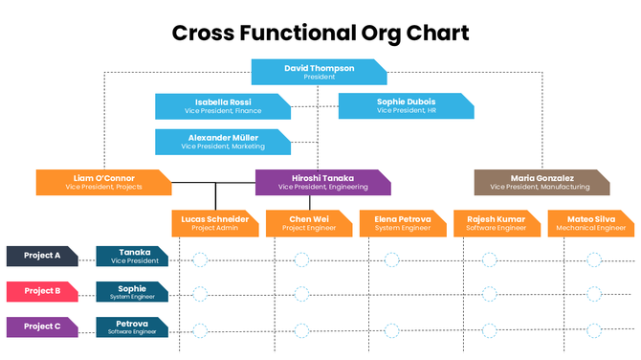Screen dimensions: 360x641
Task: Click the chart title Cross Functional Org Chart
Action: (320, 33)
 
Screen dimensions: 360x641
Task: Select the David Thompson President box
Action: (319, 72)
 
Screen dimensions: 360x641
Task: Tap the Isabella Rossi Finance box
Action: (222, 105)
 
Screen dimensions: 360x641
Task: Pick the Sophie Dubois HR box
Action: (406, 105)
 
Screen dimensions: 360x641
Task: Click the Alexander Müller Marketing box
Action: (222, 142)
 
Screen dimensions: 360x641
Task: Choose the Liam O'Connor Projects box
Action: (103, 182)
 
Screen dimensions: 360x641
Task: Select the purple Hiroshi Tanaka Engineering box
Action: (322, 182)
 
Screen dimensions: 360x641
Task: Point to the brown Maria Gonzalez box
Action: (542, 182)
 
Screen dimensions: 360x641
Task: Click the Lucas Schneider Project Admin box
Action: (214, 224)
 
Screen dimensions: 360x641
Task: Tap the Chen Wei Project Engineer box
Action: (308, 224)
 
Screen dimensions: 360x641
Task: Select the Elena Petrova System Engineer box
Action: (402, 224)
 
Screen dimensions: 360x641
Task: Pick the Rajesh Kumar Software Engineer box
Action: (496, 224)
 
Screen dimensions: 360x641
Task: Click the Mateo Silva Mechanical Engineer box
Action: (589, 224)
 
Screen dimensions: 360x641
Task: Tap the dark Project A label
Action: (42, 256)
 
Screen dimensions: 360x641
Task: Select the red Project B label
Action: (42, 291)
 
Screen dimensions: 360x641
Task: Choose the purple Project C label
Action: (42, 326)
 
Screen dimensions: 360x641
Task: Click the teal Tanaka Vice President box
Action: (132, 256)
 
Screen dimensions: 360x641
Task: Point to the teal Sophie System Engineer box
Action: (132, 291)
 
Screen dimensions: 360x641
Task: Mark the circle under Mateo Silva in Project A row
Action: (594, 259)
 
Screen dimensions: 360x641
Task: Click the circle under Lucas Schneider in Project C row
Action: (200, 330)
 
